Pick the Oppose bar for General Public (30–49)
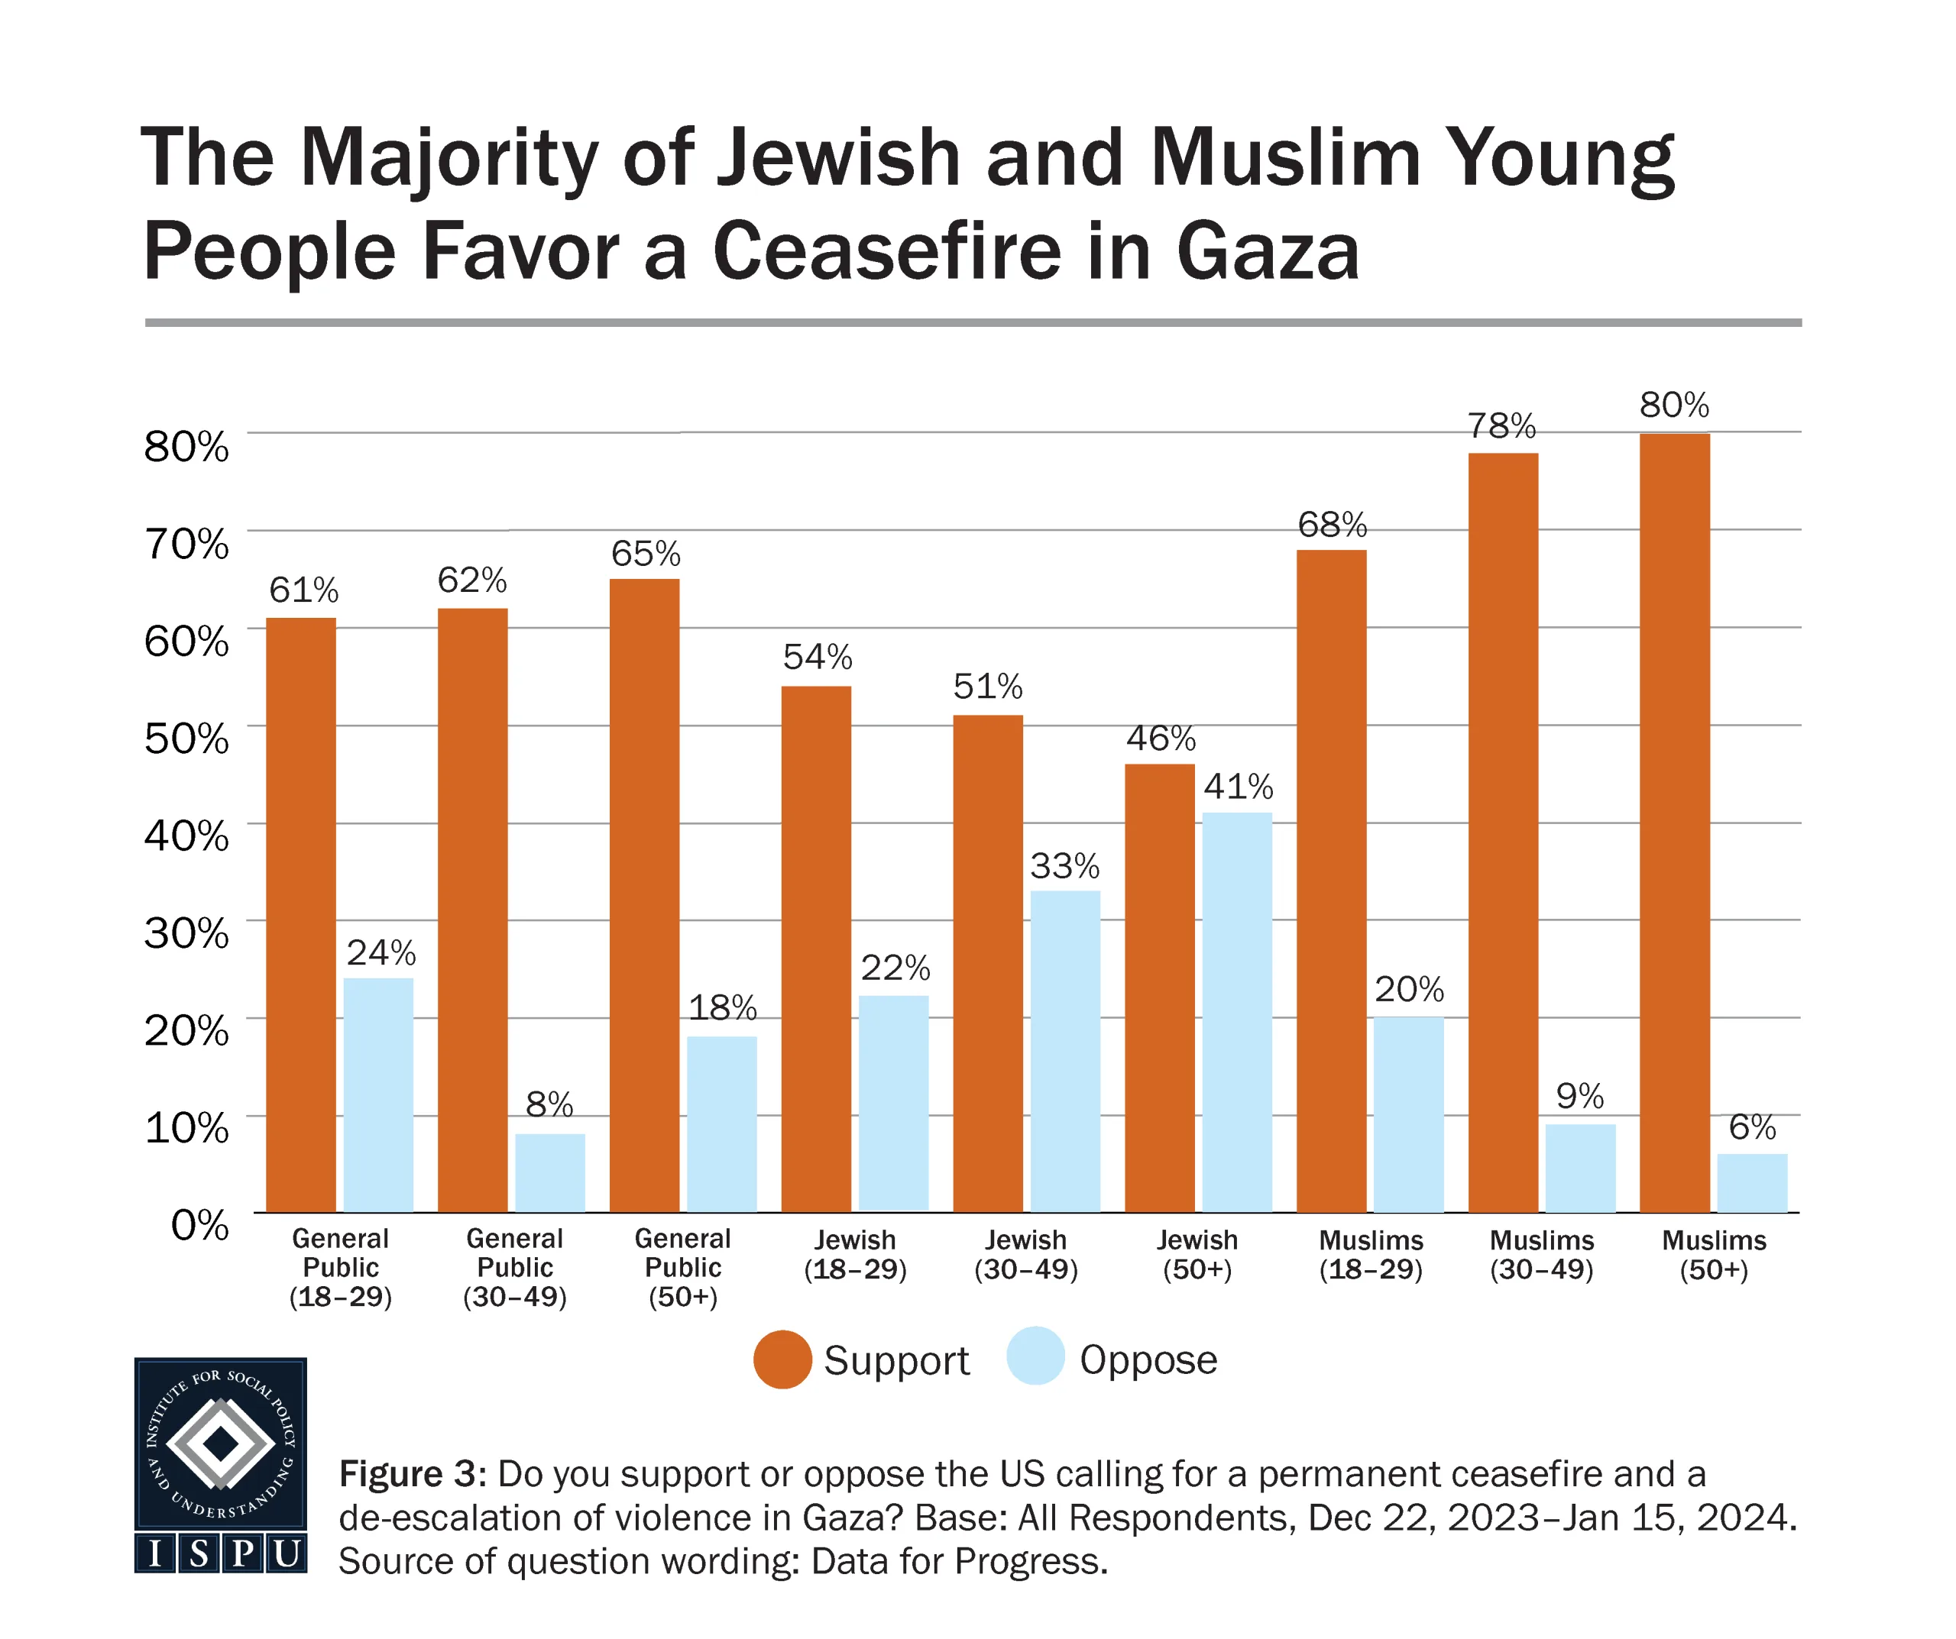549,1172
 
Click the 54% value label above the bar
817,658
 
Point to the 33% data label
1064,867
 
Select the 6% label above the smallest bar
1752,1128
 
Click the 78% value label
1501,426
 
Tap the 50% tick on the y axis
186,739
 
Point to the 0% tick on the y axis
199,1226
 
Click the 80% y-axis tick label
186,447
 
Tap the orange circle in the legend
782,1359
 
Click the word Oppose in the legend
1148,1360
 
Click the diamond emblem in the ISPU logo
221,1443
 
